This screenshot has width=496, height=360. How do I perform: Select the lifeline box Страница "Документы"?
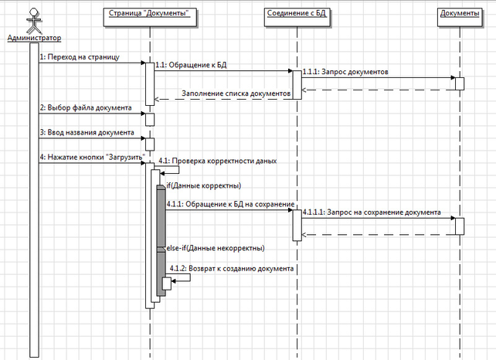(x=150, y=14)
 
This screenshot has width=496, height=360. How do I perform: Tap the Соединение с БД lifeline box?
(x=295, y=14)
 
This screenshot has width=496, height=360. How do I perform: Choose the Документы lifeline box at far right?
(x=459, y=14)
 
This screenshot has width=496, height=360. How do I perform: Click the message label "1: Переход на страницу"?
(x=79, y=56)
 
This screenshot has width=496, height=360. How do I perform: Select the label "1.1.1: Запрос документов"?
(x=345, y=72)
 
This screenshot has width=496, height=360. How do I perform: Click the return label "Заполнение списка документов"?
(x=236, y=93)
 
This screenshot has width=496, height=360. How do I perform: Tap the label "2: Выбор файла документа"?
(x=86, y=107)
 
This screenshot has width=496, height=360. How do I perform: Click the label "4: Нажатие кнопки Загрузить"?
(x=92, y=158)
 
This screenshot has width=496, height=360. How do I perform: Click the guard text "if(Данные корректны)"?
(x=203, y=186)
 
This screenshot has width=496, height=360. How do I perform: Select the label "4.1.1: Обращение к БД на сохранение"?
(x=230, y=203)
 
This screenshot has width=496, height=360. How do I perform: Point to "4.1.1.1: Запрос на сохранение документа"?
(x=372, y=211)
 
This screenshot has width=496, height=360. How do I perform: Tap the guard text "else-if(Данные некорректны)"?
(x=215, y=248)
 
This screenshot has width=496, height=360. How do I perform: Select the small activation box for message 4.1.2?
(x=165, y=283)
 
